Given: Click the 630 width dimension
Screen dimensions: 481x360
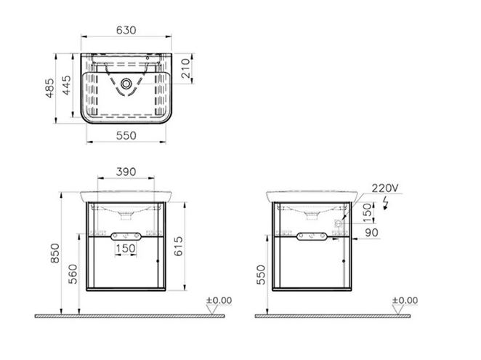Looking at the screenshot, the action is (x=126, y=30).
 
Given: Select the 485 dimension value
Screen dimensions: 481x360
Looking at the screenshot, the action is (x=49, y=88).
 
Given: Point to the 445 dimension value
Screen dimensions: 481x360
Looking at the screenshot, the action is (x=66, y=85).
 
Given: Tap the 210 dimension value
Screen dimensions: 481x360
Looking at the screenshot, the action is (x=185, y=68).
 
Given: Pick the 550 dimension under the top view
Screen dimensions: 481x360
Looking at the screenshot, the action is (x=126, y=135).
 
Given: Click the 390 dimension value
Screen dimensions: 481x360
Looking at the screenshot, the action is (x=126, y=172).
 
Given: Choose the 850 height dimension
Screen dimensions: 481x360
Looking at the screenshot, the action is (x=55, y=253).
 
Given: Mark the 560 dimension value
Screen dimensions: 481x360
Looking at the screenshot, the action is (x=73, y=274).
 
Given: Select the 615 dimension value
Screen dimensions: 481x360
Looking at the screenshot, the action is (x=178, y=246).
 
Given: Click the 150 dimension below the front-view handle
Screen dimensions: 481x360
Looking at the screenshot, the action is (x=126, y=248).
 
